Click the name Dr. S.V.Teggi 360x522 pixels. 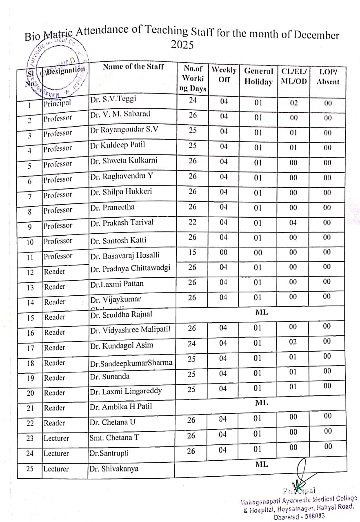click(113, 99)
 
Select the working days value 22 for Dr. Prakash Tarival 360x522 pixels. click(193, 222)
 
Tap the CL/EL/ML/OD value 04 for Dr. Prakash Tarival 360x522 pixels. click(293, 223)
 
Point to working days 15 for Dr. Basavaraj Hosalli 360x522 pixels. click(193, 252)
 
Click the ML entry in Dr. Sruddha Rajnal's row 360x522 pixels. click(261, 312)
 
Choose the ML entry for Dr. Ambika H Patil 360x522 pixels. click(261, 403)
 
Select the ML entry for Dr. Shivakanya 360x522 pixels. click(261, 464)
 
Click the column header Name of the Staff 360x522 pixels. click(133, 67)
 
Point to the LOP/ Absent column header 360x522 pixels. click(328, 76)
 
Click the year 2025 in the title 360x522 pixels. click(182, 45)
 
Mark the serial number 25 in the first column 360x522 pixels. click(30, 468)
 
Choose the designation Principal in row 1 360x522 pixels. click(57, 103)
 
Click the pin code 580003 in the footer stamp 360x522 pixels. click(316, 516)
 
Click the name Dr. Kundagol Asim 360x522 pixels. click(122, 346)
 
